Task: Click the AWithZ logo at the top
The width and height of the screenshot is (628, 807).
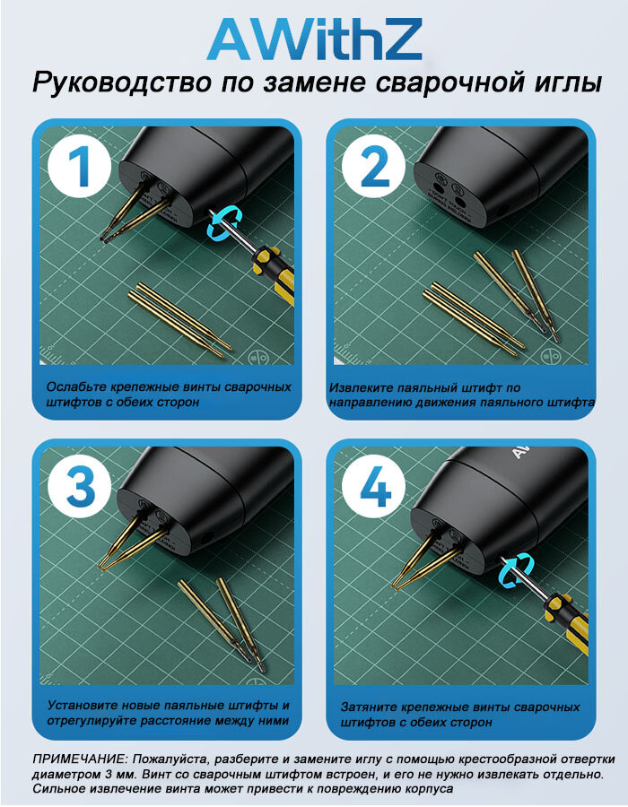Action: point(315,39)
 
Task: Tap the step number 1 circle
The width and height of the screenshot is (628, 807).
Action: point(80,166)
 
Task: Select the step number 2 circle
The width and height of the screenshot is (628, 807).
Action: point(374,166)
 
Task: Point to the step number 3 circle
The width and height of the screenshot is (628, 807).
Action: point(80,486)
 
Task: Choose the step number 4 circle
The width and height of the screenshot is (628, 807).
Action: point(374,486)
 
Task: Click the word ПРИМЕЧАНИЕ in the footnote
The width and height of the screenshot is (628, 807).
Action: point(80,759)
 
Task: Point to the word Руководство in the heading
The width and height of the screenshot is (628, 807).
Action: point(121,82)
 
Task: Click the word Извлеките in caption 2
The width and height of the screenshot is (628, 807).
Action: point(361,387)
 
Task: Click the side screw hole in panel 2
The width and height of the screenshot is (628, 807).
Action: point(503,211)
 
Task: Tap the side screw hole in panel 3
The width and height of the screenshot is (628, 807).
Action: point(208,538)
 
